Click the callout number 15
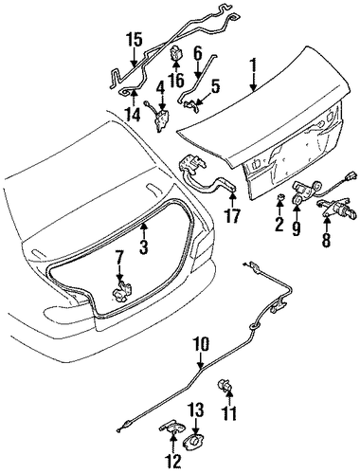tap(135, 40)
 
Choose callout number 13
tap(196, 410)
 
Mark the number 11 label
tap(229, 412)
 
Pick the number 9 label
tap(296, 228)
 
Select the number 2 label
tap(279, 224)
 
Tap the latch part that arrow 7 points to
tap(120, 291)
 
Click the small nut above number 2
tap(279, 197)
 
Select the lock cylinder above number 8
tap(338, 209)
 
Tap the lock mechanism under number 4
tap(160, 119)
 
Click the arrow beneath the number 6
tap(198, 69)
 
